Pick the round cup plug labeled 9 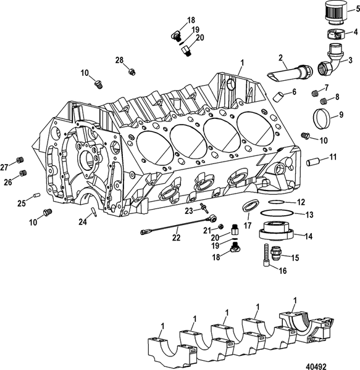click(x=280, y=96)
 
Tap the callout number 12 click(x=301, y=202)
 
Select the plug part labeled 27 click(x=20, y=160)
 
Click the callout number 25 click(x=20, y=203)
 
